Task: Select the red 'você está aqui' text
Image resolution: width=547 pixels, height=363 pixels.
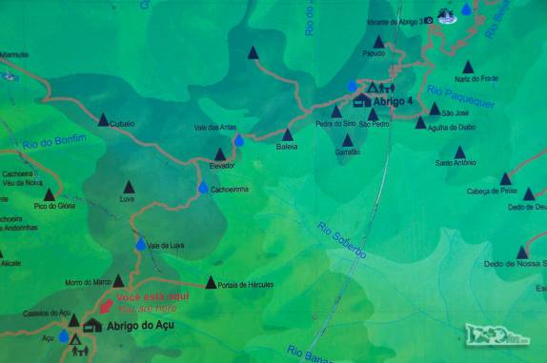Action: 146,297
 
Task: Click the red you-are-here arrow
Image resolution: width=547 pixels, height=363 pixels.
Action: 106,307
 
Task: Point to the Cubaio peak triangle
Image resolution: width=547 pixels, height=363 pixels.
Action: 103,120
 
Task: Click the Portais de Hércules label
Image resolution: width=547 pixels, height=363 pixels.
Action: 246,285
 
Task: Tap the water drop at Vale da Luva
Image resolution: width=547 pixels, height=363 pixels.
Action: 141,245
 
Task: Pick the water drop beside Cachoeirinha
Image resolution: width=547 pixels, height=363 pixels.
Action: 203,188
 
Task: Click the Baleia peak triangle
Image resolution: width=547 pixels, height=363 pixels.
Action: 287,134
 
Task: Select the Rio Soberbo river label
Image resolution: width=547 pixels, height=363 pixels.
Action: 342,239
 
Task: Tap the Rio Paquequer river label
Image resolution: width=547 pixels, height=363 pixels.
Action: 462,97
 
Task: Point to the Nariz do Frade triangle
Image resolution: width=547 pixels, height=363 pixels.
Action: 468,67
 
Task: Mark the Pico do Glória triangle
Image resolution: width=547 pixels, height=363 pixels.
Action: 50,194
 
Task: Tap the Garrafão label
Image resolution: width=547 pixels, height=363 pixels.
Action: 348,151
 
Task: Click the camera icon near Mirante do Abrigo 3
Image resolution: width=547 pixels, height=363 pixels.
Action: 430,20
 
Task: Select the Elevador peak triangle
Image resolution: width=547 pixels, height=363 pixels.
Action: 220,153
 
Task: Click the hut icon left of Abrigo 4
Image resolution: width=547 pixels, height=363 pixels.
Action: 361,100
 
